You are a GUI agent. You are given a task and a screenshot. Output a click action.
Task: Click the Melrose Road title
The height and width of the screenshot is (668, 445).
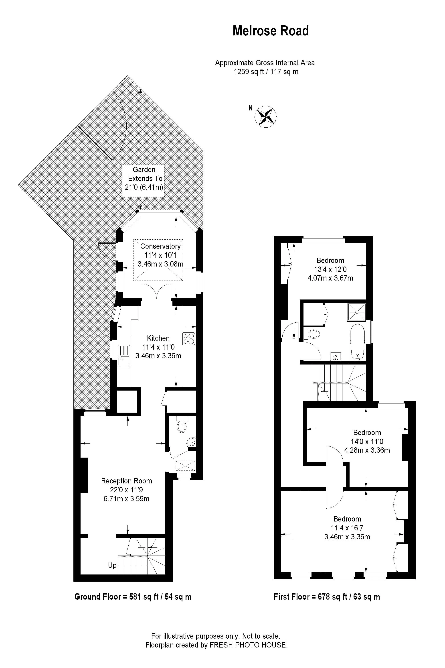coord(271,31)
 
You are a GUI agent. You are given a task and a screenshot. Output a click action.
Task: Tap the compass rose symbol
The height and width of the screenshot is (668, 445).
coord(265,116)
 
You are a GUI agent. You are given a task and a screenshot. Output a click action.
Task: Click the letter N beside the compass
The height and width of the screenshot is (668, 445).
coord(250,108)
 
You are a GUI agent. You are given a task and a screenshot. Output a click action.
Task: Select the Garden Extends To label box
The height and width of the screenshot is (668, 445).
coord(143,181)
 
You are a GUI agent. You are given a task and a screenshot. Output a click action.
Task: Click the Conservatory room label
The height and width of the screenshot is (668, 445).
coord(160,246)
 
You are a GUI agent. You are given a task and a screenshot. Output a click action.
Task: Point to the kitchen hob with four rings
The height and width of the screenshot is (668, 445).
coord(188,338)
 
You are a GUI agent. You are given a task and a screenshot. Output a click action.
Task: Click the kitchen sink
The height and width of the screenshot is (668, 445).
coord(124,356)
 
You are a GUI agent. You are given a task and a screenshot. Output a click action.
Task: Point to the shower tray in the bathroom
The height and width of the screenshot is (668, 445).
coord(356,312)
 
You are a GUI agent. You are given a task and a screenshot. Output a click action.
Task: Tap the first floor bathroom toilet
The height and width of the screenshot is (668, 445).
coord(312,334)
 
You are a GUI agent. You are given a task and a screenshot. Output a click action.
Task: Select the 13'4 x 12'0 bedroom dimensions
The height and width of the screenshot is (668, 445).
coord(330,269)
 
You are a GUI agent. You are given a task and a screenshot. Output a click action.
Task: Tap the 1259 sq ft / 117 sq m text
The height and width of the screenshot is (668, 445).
coord(266,71)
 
